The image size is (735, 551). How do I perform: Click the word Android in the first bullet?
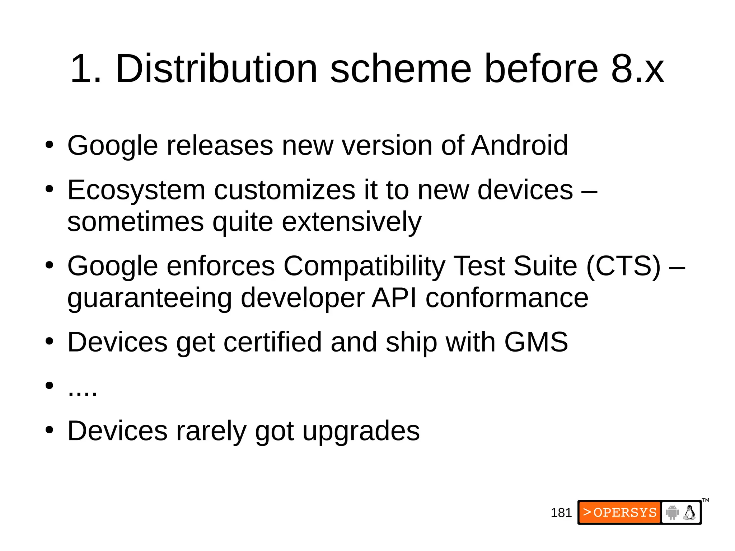[x=519, y=145]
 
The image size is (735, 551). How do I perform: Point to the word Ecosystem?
[x=136, y=190]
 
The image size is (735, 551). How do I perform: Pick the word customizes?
[x=285, y=190]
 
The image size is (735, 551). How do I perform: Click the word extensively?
[x=352, y=222]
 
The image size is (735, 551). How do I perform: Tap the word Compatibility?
[x=364, y=266]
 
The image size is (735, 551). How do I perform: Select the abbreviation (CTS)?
[x=623, y=266]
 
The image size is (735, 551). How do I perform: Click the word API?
[x=394, y=298]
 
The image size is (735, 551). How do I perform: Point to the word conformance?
[x=507, y=298]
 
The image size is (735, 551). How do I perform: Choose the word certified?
[x=272, y=342]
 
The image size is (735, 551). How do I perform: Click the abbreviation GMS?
[x=536, y=342]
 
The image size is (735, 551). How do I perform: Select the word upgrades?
[x=361, y=431]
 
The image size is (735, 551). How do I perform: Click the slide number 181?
[x=561, y=513]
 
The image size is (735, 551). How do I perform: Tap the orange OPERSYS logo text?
[x=620, y=512]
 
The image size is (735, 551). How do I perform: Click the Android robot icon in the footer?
[x=672, y=512]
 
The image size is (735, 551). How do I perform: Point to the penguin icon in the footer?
[x=689, y=512]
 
